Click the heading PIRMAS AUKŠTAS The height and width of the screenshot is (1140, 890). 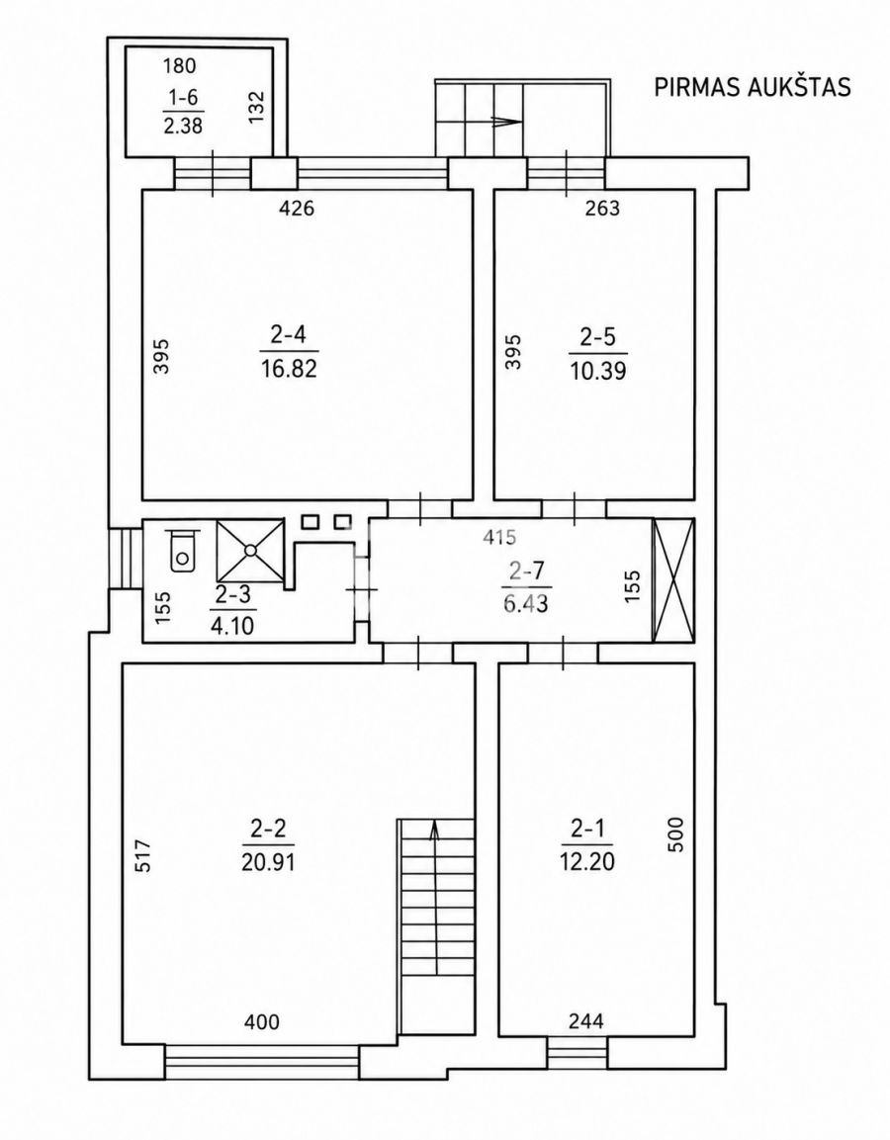pyautogui.click(x=753, y=87)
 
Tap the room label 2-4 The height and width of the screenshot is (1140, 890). pyautogui.click(x=290, y=335)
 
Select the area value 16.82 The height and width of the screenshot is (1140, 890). pyautogui.click(x=290, y=369)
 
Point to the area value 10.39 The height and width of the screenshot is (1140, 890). pyautogui.click(x=597, y=371)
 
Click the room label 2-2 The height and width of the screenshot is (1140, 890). pyautogui.click(x=269, y=828)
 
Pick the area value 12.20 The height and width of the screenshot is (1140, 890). pyautogui.click(x=587, y=861)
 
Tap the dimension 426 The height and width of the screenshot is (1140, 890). pyautogui.click(x=297, y=209)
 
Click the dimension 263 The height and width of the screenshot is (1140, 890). pyautogui.click(x=603, y=209)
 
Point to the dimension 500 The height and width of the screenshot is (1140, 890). pyautogui.click(x=675, y=834)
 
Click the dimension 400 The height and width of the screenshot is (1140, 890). pyautogui.click(x=262, y=1021)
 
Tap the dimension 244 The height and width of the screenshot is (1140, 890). pyautogui.click(x=586, y=1021)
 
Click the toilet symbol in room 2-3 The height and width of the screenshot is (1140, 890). pyautogui.click(x=182, y=551)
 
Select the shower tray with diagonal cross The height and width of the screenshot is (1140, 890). pyautogui.click(x=250, y=551)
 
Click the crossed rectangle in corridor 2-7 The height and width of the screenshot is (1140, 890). pyautogui.click(x=674, y=580)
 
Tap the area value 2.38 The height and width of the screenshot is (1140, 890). pyautogui.click(x=182, y=126)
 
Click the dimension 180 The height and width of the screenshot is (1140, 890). pyautogui.click(x=180, y=66)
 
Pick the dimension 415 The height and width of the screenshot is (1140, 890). pyautogui.click(x=499, y=537)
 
